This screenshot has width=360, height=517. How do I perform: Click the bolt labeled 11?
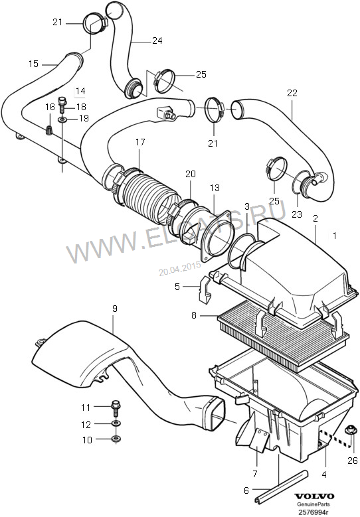(116, 407)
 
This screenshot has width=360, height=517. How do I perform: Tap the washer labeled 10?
(116, 439)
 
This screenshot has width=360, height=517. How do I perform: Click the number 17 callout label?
(140, 142)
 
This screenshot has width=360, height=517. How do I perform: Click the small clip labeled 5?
(205, 289)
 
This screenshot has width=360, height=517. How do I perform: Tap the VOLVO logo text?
(314, 496)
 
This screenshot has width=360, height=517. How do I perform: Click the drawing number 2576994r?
(314, 512)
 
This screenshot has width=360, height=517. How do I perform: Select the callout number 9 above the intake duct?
(114, 309)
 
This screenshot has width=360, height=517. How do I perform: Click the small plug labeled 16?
(49, 131)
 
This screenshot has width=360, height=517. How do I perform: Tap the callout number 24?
(157, 40)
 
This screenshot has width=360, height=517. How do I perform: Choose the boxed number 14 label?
(80, 92)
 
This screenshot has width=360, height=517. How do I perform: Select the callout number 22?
(292, 93)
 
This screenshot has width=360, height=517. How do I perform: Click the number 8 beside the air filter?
(194, 315)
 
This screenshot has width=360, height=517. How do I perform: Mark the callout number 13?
(215, 188)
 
